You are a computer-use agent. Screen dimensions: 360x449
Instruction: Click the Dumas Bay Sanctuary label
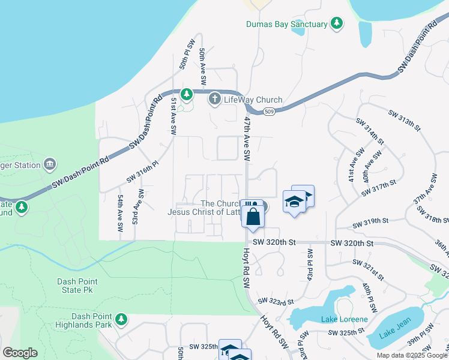(287, 24)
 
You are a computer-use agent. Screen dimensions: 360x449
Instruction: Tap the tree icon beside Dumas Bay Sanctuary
(337, 23)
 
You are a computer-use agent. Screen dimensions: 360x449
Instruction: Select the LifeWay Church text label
(253, 100)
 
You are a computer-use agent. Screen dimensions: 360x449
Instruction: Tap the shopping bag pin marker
(253, 217)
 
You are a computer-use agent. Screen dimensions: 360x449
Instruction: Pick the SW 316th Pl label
(142, 171)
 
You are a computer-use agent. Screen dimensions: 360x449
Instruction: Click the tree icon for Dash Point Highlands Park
(122, 319)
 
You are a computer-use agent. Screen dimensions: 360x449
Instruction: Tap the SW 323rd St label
(276, 301)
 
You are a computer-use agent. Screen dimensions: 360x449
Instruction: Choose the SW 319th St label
(370, 223)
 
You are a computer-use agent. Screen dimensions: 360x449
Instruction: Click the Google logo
(20, 353)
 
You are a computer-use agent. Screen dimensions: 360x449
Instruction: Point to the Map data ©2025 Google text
(412, 355)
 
